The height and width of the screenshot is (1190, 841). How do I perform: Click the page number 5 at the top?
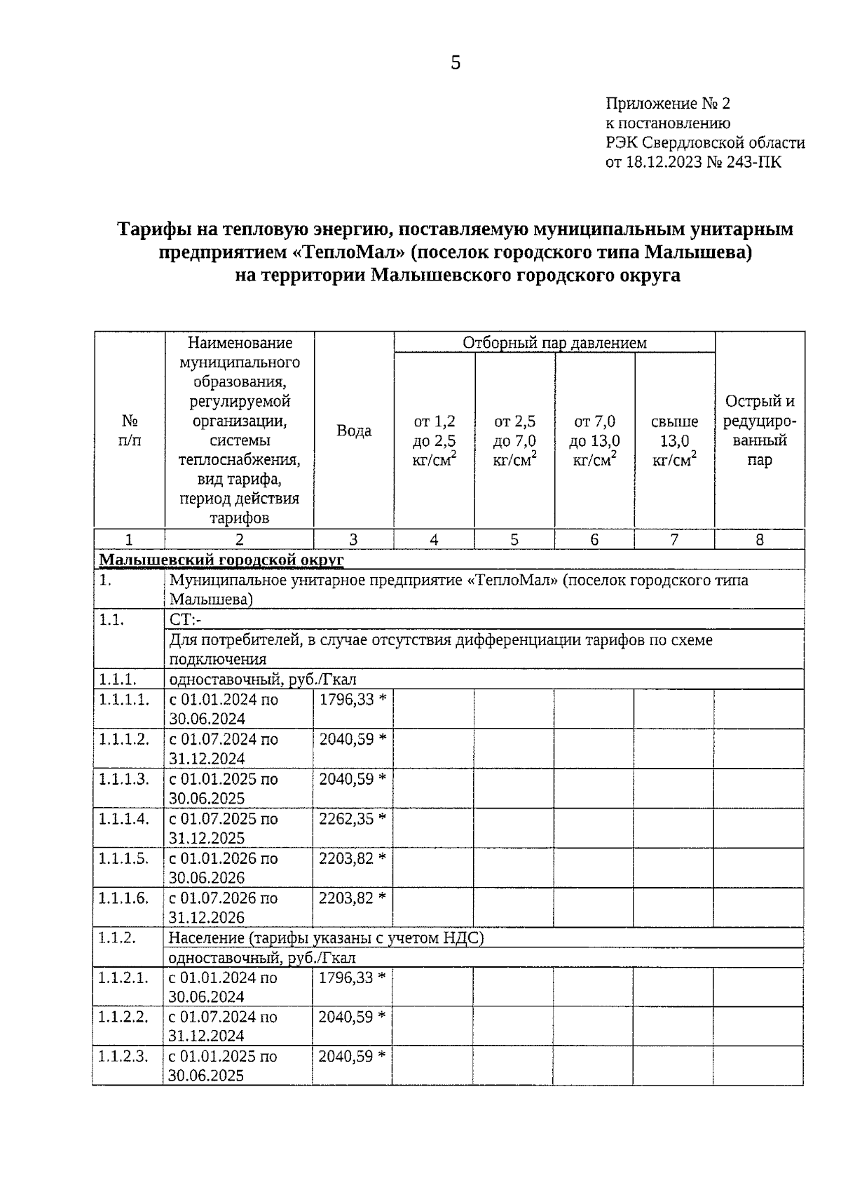[456, 63]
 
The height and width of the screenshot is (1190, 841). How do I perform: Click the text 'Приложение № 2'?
[667, 104]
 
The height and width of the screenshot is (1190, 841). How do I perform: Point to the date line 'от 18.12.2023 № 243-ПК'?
[693, 163]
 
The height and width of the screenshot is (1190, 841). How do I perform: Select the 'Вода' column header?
[354, 431]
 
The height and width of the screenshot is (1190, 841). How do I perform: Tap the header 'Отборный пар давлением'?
[554, 343]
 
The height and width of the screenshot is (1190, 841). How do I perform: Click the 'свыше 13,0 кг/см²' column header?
[674, 440]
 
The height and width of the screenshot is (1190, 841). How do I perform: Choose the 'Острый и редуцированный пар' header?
[760, 431]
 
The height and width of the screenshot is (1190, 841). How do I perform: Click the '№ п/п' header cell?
[130, 431]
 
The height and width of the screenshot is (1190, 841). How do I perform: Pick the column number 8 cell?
[760, 539]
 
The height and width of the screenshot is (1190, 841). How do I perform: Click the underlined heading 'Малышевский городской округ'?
[221, 560]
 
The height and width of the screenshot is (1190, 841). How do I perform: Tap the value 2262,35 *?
[353, 819]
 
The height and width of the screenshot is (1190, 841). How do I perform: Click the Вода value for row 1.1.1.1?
[353, 700]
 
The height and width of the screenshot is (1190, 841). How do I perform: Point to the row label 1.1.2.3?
[123, 1057]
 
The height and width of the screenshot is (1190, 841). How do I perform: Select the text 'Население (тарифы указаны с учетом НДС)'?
[326, 938]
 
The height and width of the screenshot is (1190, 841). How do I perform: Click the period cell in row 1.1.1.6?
[223, 907]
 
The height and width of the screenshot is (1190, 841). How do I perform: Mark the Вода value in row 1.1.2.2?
[352, 1017]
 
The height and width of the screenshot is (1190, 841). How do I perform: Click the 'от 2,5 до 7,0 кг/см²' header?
[515, 440]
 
